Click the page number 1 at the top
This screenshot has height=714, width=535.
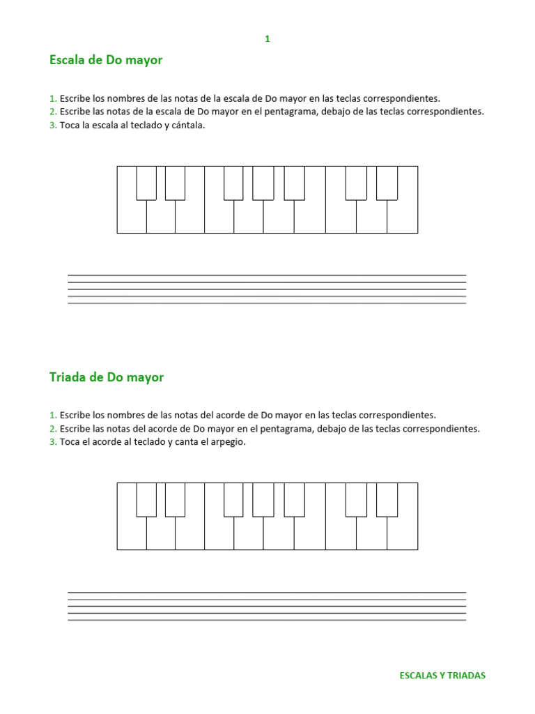click(x=267, y=39)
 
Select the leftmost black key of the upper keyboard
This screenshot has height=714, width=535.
click(x=146, y=183)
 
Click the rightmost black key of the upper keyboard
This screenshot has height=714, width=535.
click(x=387, y=183)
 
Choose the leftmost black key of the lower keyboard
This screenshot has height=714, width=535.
click(x=146, y=499)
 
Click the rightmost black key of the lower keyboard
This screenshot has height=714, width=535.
click(x=387, y=499)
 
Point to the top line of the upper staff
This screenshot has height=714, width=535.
click(x=267, y=275)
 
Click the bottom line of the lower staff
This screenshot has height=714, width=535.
click(x=267, y=621)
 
